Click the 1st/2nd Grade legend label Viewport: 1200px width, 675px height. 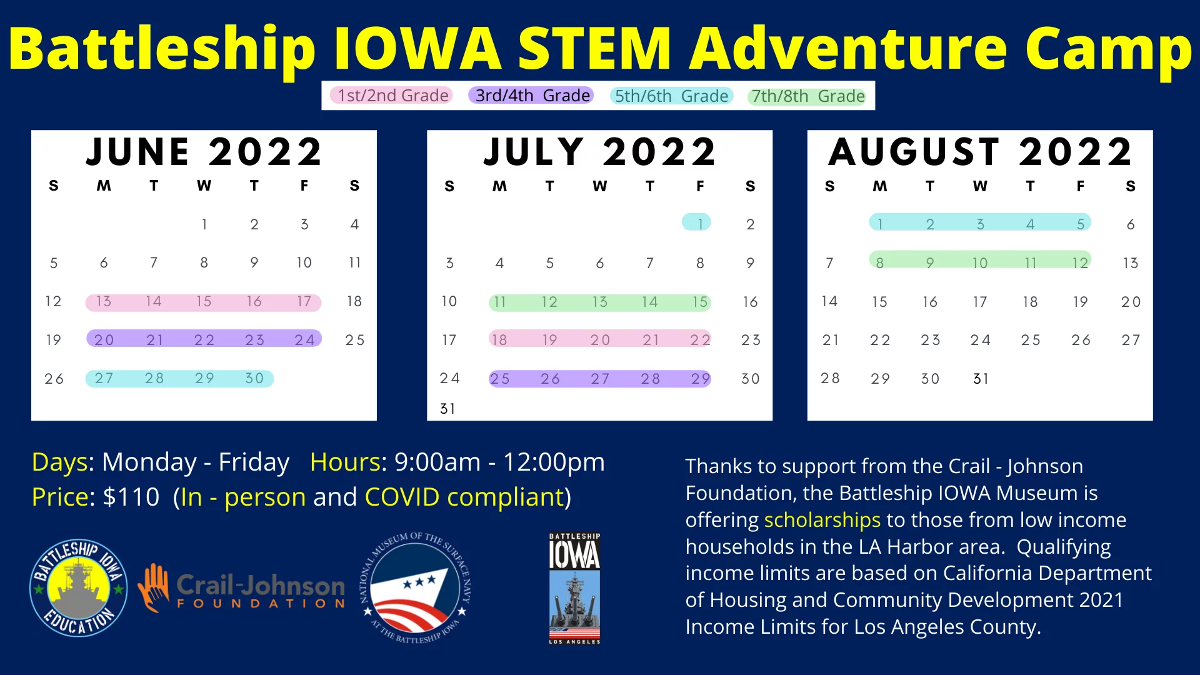point(392,96)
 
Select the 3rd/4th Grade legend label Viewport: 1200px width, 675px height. point(532,96)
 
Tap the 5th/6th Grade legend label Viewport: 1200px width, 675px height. point(671,96)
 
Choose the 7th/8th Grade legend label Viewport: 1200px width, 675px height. point(807,96)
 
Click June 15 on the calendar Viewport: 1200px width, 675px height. point(204,301)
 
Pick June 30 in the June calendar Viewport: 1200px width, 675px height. point(254,378)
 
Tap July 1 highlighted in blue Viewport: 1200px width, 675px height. point(700,223)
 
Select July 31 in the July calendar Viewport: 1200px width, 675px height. point(447,409)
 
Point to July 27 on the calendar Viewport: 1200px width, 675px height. point(600,379)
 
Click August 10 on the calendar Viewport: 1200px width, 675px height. point(980,263)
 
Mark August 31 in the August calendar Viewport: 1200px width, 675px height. point(981,379)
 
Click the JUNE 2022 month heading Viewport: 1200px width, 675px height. point(204,152)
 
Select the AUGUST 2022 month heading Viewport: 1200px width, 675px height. point(980,152)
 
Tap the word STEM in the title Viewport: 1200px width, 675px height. point(594,49)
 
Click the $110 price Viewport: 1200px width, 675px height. point(131,497)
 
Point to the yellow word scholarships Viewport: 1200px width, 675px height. point(822,520)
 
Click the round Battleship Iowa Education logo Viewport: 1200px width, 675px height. point(79,588)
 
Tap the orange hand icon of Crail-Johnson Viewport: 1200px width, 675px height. point(154,587)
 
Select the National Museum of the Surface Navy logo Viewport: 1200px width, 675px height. point(416,588)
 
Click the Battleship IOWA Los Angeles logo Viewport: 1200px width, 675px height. point(574,588)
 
